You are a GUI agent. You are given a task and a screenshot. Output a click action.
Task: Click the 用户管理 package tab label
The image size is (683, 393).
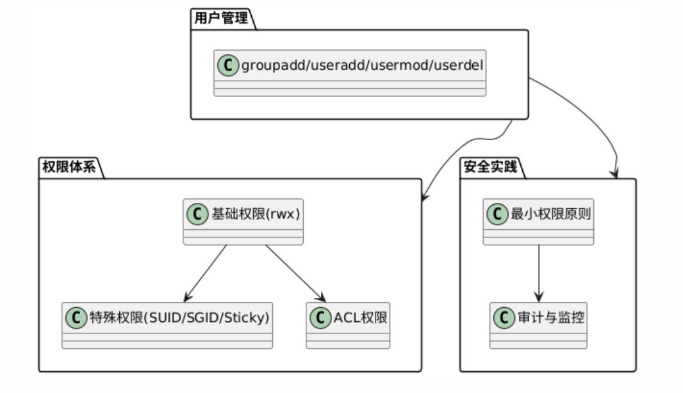point(220,18)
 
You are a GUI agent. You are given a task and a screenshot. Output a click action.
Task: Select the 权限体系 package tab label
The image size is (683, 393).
point(69,168)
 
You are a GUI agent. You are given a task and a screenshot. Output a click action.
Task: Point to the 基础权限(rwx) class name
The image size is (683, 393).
point(256,214)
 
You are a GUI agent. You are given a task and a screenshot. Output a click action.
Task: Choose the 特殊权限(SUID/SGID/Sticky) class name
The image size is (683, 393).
point(178,317)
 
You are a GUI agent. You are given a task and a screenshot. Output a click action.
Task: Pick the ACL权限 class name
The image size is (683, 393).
point(360,317)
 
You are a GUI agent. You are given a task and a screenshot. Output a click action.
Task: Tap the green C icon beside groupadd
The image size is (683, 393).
point(227,65)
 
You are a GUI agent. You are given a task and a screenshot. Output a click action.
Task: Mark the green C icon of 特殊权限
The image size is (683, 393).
point(76,317)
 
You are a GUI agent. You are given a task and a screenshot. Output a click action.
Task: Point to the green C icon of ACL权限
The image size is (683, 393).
point(320,317)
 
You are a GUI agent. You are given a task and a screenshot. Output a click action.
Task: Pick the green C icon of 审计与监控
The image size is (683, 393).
point(504,317)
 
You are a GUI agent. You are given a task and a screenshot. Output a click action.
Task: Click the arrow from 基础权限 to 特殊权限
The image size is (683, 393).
point(205,273)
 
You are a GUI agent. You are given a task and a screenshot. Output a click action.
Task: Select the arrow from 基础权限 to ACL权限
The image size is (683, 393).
point(295,273)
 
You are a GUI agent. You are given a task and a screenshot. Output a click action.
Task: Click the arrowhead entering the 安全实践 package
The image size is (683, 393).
point(616,173)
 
